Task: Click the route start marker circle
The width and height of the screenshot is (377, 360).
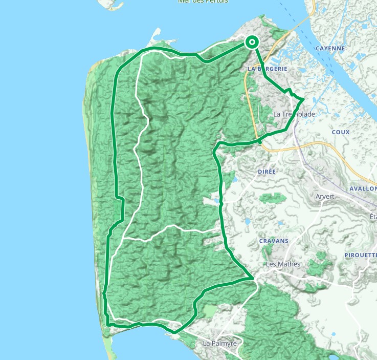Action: click(252, 43)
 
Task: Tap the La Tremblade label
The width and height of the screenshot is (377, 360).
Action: click(294, 114)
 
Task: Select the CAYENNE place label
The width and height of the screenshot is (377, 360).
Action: click(330, 48)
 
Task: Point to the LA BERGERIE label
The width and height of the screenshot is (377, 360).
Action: click(267, 69)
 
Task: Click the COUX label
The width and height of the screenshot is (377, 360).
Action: click(340, 132)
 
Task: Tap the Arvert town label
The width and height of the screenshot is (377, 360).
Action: click(325, 196)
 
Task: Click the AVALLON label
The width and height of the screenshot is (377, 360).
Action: click(363, 188)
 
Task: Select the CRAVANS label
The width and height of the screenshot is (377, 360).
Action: click(274, 241)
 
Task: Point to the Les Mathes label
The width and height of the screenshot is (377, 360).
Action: click(283, 264)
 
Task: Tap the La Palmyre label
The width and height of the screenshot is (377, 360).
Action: click(220, 343)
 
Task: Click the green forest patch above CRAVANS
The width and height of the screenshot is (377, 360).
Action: click(272, 198)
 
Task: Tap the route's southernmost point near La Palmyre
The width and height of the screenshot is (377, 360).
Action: click(174, 332)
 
